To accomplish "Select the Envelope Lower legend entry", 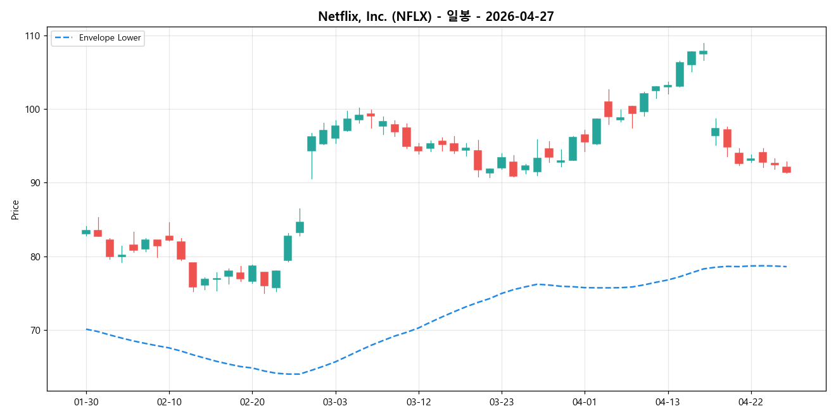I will [105, 38].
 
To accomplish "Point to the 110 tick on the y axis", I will [32, 35].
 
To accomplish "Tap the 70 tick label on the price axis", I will [34, 331].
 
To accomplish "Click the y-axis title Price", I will [15, 210].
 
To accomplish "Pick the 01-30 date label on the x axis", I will [86, 402].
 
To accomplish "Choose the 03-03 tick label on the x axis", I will [335, 402].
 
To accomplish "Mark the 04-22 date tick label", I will [750, 402].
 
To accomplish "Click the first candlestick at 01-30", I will [86, 232].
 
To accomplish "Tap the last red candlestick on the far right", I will [786, 169].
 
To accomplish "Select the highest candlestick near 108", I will [703, 52].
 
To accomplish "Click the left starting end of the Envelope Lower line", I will [86, 329].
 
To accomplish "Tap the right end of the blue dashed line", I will [786, 266].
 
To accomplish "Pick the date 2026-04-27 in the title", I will [519, 17].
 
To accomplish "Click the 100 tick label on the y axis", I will [32, 109].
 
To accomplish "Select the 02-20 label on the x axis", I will [252, 402].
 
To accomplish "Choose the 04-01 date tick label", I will [584, 402].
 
